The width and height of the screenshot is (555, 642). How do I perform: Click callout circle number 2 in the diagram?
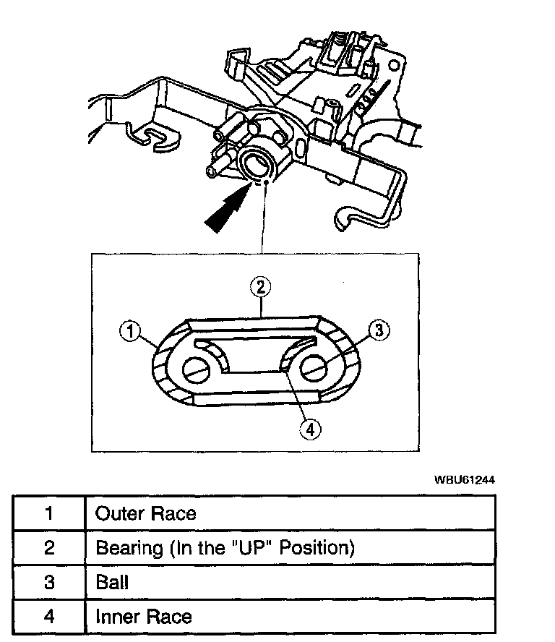click(x=262, y=286)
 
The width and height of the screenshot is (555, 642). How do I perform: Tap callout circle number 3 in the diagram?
click(x=380, y=330)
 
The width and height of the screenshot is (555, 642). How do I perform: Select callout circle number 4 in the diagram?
click(x=309, y=429)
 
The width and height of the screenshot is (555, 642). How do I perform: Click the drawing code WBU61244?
click(x=465, y=479)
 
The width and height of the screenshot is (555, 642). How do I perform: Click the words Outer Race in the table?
click(x=146, y=513)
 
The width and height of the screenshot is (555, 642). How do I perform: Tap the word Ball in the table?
click(x=112, y=582)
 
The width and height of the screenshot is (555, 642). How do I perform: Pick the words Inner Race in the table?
click(x=144, y=617)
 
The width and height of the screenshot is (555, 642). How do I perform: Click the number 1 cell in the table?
click(x=48, y=513)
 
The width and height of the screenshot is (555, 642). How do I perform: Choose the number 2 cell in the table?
click(x=48, y=547)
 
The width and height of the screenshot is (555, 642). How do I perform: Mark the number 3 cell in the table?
click(x=48, y=582)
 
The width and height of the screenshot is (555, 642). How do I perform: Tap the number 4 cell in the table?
click(x=48, y=617)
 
